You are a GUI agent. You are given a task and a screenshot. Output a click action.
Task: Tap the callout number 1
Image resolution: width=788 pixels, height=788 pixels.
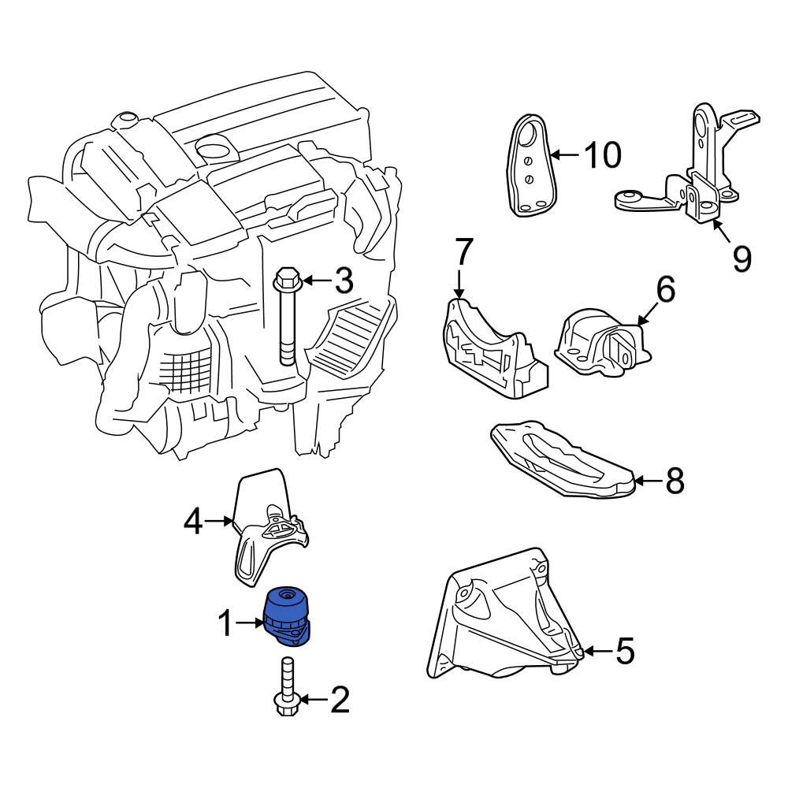point(226,625)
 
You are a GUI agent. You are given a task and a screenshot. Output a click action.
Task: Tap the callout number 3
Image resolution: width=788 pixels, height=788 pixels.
point(344,281)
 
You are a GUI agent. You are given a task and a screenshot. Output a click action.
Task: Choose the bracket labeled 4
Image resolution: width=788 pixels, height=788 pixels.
point(268,528)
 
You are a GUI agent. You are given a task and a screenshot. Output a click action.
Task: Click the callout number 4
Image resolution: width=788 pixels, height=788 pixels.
point(194,521)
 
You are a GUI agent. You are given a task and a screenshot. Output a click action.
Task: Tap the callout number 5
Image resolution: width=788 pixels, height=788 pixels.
point(624,652)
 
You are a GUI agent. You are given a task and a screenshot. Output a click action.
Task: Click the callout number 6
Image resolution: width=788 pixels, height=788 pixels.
point(666,291)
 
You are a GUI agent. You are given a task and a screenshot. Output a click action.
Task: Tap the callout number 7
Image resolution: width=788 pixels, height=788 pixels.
point(463,253)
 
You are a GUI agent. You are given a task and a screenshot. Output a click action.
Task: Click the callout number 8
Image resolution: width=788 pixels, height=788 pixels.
point(674,480)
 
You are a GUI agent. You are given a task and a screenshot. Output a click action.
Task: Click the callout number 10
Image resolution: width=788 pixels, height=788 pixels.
point(602,155)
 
